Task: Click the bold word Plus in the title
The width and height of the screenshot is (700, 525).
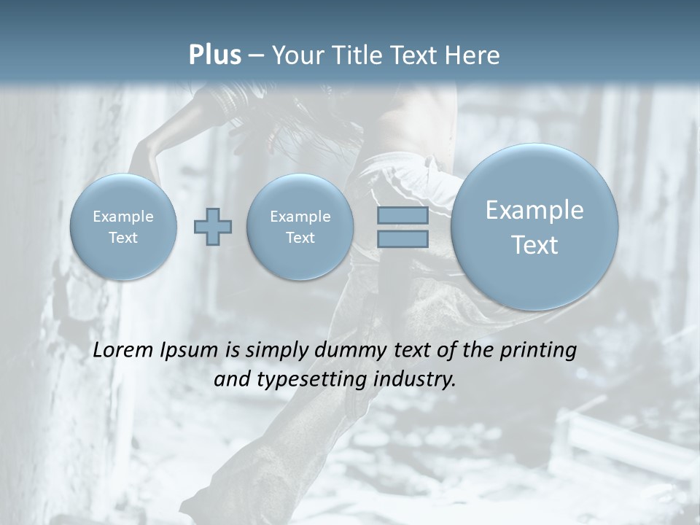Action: (x=214, y=55)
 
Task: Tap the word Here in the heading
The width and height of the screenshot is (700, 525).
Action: (x=474, y=55)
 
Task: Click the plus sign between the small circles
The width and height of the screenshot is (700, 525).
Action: (x=213, y=226)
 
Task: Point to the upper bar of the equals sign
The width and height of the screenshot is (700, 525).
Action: (x=402, y=216)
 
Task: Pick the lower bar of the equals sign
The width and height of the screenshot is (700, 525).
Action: (x=402, y=238)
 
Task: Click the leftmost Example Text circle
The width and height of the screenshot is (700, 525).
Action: (x=123, y=227)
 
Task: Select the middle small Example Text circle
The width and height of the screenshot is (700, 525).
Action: (x=300, y=227)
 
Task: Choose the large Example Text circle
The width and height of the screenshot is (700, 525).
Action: (x=534, y=227)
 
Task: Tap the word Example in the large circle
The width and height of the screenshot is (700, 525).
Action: (x=534, y=210)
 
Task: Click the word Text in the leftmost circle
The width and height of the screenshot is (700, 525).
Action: (x=123, y=238)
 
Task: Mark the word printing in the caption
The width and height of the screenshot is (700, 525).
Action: (x=538, y=351)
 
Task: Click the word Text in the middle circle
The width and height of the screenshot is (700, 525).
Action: (x=300, y=238)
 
